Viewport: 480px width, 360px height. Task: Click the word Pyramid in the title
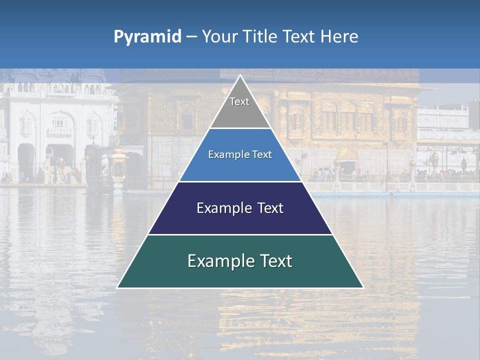147,37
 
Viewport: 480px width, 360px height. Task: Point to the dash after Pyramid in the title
191,37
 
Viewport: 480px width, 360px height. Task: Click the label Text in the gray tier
239,101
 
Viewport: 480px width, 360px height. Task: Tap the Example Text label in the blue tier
240,154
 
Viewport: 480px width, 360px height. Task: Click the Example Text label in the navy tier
240,208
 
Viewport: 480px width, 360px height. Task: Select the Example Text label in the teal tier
240,261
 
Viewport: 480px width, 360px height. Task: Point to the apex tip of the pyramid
240,76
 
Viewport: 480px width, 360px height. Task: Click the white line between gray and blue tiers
240,128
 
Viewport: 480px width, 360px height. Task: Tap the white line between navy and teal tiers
240,234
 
